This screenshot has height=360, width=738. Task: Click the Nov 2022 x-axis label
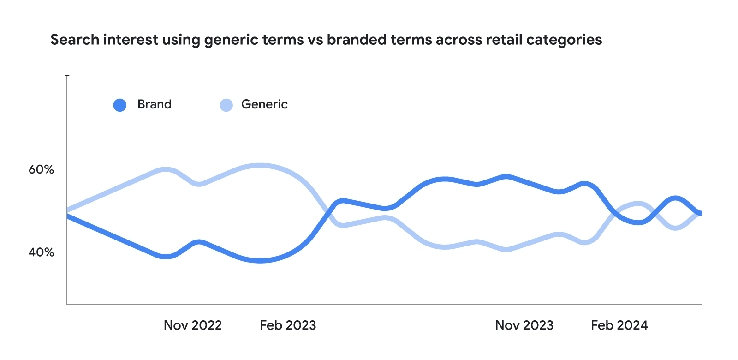click(x=193, y=325)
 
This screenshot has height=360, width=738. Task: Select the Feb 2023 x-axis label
click(x=288, y=325)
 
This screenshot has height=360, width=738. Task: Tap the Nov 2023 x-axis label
click(x=524, y=325)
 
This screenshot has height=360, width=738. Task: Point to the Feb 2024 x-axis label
click(x=619, y=325)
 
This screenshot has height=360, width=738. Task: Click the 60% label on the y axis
click(x=42, y=169)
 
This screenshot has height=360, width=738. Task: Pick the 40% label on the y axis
click(x=42, y=252)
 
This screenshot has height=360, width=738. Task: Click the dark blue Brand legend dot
click(x=120, y=105)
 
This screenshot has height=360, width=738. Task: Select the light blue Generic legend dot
click(x=226, y=105)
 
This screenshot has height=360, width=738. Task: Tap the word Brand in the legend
click(x=155, y=104)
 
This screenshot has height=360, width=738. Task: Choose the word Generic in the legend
click(x=264, y=104)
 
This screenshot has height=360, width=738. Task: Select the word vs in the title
click(x=315, y=40)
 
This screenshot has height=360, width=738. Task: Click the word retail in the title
click(x=504, y=40)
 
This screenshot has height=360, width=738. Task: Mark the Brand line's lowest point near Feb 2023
click(x=261, y=261)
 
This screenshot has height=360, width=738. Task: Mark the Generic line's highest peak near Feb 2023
click(x=260, y=165)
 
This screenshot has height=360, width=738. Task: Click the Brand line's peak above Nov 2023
click(x=506, y=177)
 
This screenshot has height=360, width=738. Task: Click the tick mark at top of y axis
click(x=67, y=75)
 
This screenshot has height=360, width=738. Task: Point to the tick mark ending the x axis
click(x=702, y=305)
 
